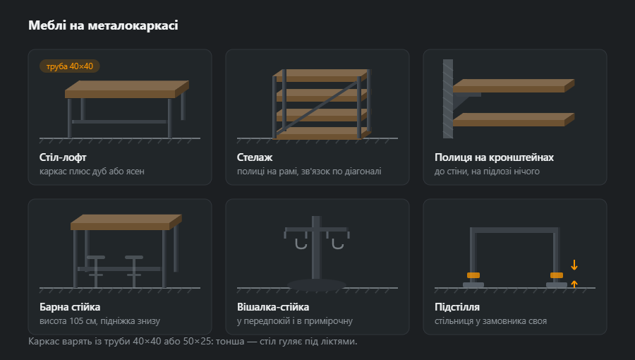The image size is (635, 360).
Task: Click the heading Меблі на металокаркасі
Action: click(x=103, y=25)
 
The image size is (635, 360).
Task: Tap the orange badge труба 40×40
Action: click(x=70, y=66)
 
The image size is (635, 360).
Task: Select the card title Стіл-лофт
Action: click(x=63, y=157)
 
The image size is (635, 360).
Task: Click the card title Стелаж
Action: click(x=254, y=157)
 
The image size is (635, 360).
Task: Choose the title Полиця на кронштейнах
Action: click(x=494, y=157)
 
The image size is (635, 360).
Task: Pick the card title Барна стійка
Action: click(x=70, y=307)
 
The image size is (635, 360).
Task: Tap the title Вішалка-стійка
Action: click(x=273, y=307)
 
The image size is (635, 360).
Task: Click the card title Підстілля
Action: click(x=456, y=307)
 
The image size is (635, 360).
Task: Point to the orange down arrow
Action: click(x=574, y=265)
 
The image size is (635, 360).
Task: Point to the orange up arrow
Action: click(x=574, y=284)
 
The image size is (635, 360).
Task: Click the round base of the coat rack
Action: click(x=317, y=284)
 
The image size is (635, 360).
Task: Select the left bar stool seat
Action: click(x=96, y=257)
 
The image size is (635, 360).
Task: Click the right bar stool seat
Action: click(x=134, y=257)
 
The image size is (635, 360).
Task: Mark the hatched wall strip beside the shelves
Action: click(x=448, y=99)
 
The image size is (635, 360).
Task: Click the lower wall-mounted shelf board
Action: click(x=514, y=119)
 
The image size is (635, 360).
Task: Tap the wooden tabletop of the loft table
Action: click(x=127, y=89)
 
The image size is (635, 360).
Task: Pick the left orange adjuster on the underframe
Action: click(x=473, y=275)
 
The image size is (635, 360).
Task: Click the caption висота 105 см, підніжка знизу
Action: click(x=99, y=320)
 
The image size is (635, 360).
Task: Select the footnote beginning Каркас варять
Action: click(x=193, y=342)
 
